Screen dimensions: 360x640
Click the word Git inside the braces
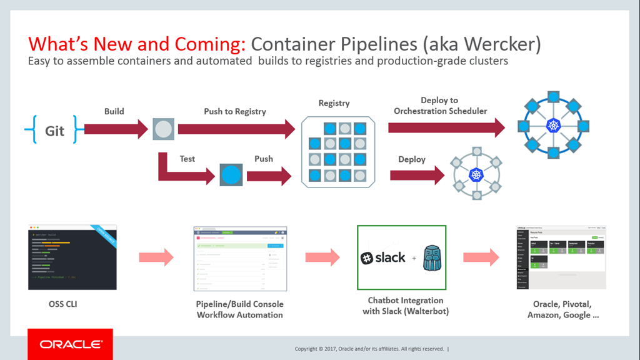[x=54, y=131]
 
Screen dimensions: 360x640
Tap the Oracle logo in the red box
[x=70, y=344]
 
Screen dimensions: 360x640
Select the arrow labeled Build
[x=116, y=129]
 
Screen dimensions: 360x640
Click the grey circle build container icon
[x=164, y=129]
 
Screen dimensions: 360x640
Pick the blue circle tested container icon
[x=231, y=175]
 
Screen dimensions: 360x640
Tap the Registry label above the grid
[x=334, y=103]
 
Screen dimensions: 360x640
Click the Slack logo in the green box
[x=383, y=257]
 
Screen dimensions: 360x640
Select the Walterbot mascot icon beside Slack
[x=434, y=257]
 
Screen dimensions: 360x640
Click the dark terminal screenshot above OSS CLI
[x=72, y=257]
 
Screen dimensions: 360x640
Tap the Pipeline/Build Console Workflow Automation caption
[x=240, y=309]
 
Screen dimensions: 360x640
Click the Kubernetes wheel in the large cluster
[x=554, y=126]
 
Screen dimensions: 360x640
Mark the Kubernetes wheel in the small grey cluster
[x=477, y=176]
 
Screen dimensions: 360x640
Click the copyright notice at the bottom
[x=369, y=349]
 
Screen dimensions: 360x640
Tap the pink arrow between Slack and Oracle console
[x=481, y=257]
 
